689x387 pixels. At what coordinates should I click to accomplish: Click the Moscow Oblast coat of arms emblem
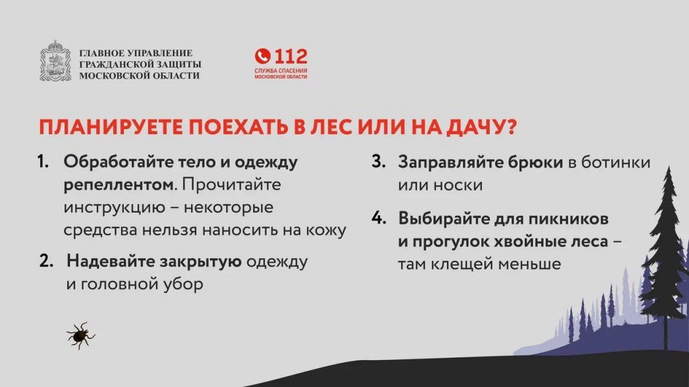(55, 61)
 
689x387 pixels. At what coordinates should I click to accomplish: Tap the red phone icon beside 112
(263, 56)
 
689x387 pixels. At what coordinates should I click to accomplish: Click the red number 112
(291, 56)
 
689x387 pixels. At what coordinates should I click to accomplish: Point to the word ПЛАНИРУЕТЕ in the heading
(110, 127)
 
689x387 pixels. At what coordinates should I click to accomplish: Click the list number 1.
(43, 162)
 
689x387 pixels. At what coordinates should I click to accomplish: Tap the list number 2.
(46, 261)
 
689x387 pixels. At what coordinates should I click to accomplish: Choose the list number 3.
(378, 162)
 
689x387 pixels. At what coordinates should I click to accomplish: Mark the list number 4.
(379, 218)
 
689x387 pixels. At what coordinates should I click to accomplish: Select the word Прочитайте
(231, 184)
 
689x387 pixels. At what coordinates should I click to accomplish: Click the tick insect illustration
(81, 336)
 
